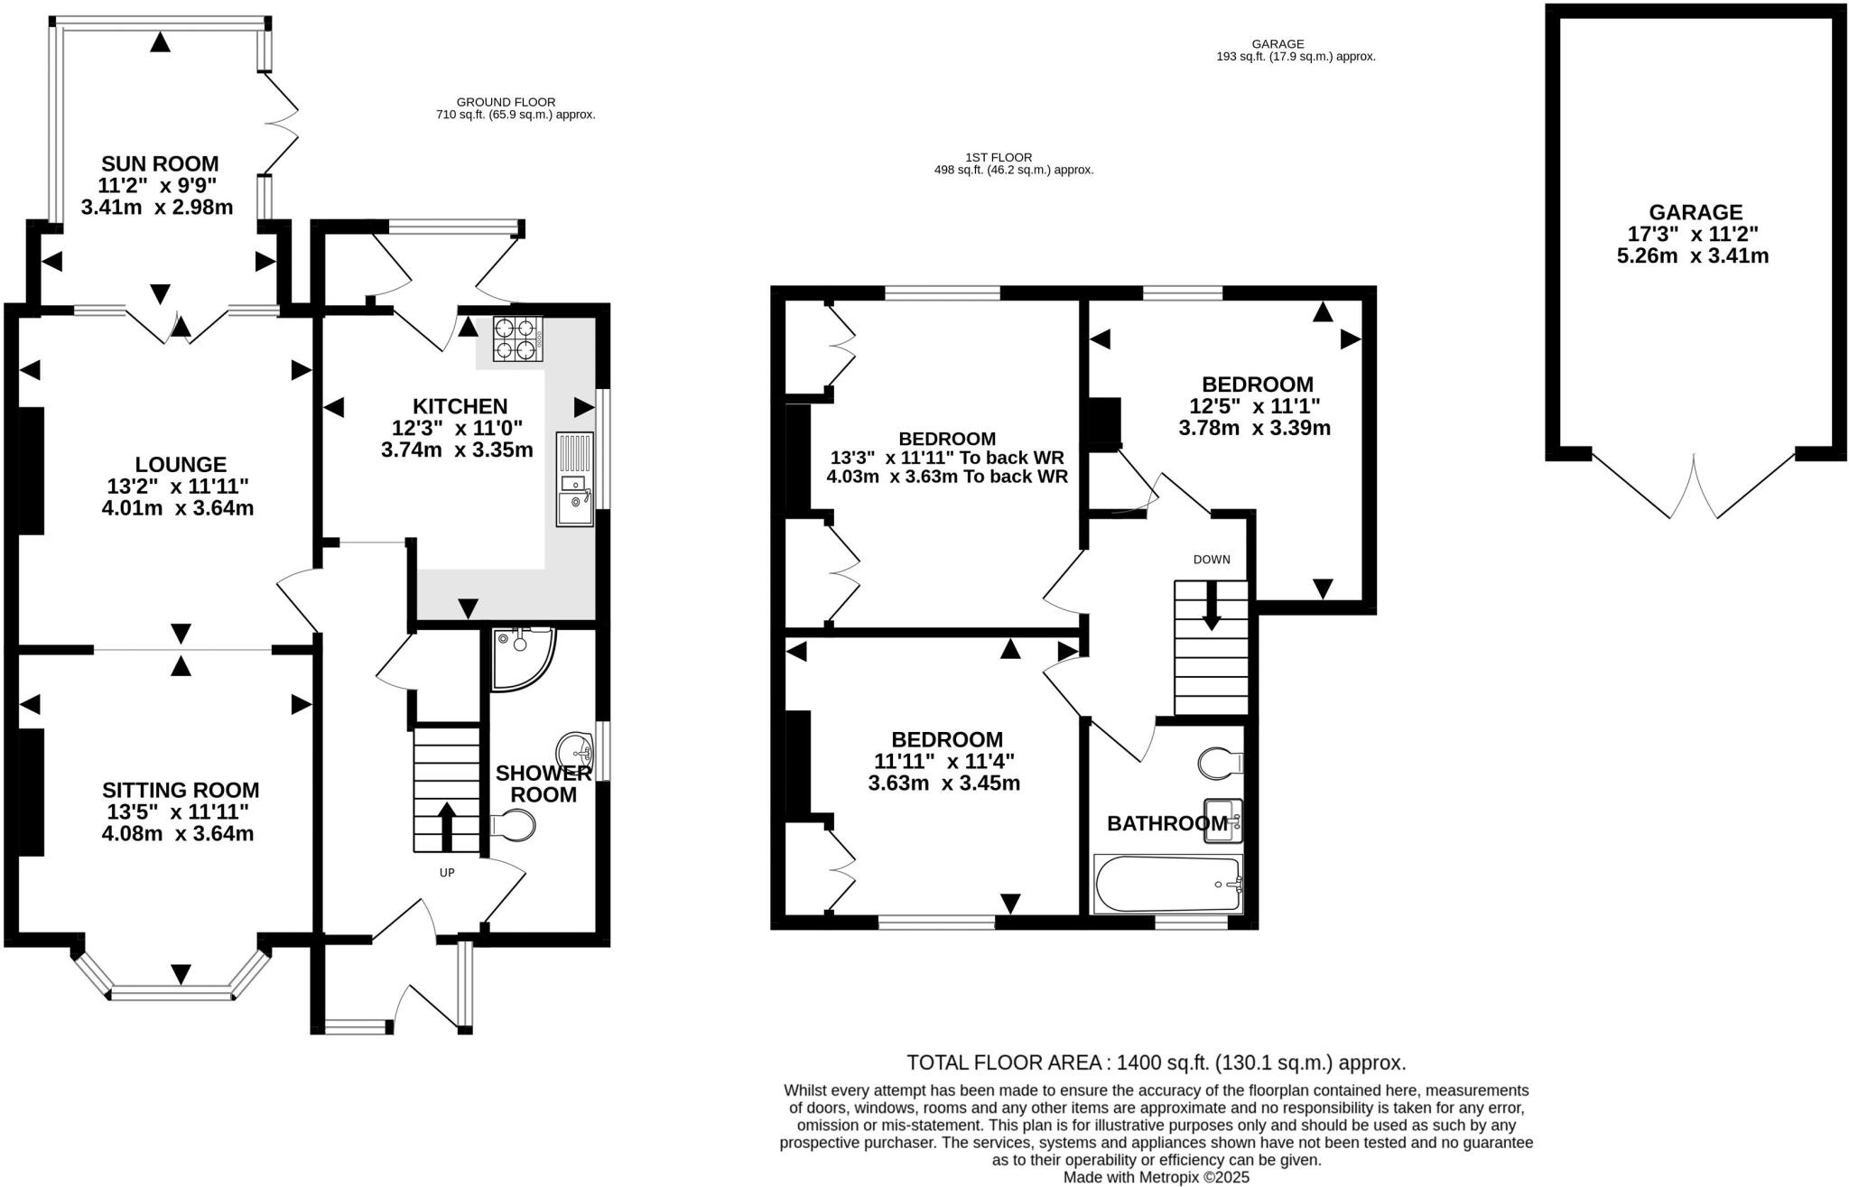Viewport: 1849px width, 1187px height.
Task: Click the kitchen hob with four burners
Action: pyautogui.click(x=518, y=339)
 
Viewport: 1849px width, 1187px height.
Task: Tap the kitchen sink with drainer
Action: pyautogui.click(x=575, y=478)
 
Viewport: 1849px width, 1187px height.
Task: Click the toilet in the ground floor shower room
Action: pyautogui.click(x=514, y=825)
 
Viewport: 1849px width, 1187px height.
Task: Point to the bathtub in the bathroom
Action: pyautogui.click(x=1167, y=885)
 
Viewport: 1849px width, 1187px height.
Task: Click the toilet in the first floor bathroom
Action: pyautogui.click(x=1220, y=763)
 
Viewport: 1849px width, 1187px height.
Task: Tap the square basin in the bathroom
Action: pyautogui.click(x=1222, y=821)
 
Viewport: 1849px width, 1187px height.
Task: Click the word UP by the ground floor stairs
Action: pyautogui.click(x=446, y=873)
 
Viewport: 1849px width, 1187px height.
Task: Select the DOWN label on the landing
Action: pyautogui.click(x=1211, y=560)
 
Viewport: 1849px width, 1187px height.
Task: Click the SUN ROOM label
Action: pyautogui.click(x=160, y=164)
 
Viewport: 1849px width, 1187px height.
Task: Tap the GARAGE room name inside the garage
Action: pyautogui.click(x=1695, y=212)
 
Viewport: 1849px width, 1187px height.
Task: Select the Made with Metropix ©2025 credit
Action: pyautogui.click(x=1156, y=1177)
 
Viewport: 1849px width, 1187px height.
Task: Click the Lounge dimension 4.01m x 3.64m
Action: pyautogui.click(x=178, y=508)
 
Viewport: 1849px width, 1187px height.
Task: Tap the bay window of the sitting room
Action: pyautogui.click(x=172, y=992)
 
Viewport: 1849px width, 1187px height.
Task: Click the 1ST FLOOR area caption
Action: pyautogui.click(x=1013, y=163)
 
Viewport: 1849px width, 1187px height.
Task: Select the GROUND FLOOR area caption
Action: pyautogui.click(x=515, y=108)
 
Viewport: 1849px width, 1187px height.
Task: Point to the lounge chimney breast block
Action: pyautogui.click(x=32, y=471)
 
